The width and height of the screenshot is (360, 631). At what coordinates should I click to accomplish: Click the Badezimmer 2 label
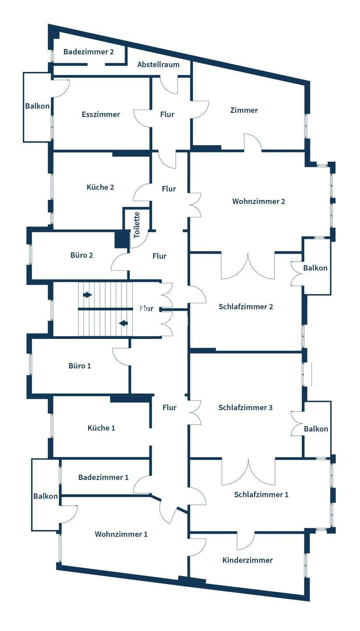click(89, 52)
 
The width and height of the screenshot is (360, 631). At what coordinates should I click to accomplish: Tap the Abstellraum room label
click(158, 64)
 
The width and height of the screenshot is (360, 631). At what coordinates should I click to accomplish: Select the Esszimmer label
click(101, 114)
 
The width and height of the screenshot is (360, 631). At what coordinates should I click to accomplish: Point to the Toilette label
click(137, 225)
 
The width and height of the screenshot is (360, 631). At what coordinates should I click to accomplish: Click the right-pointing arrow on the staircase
click(88, 295)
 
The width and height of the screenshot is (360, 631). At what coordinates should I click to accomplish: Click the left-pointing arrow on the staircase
click(123, 323)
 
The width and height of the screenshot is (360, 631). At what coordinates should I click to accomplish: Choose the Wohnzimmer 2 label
click(259, 202)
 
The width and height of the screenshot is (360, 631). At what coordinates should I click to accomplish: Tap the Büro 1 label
click(80, 365)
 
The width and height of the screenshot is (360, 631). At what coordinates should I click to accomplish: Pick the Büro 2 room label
click(82, 255)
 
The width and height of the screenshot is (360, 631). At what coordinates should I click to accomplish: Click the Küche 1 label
click(101, 428)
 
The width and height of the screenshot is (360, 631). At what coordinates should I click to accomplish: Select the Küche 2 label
click(100, 187)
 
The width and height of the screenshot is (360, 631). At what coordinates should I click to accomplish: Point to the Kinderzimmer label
click(247, 560)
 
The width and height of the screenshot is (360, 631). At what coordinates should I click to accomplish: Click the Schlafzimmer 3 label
click(246, 408)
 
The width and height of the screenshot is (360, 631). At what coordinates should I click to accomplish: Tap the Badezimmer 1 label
click(103, 477)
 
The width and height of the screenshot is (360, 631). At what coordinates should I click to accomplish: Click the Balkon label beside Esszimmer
click(37, 106)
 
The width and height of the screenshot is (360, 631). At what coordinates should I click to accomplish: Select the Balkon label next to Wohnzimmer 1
click(46, 496)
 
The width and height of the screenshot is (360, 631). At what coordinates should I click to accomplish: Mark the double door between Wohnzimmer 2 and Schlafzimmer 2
click(249, 266)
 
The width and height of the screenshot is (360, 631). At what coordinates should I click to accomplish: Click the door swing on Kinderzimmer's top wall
click(246, 541)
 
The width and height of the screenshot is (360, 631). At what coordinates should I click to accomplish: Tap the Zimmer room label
click(244, 110)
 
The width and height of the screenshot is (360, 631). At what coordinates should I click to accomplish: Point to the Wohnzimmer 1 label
click(121, 534)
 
